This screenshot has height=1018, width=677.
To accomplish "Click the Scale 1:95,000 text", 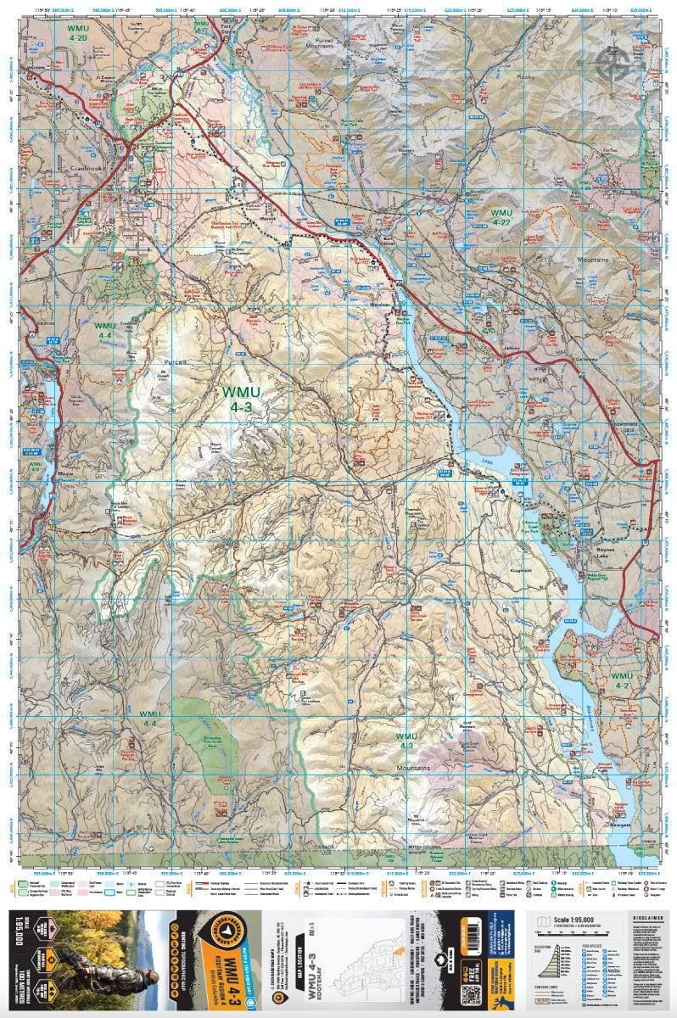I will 573,920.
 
